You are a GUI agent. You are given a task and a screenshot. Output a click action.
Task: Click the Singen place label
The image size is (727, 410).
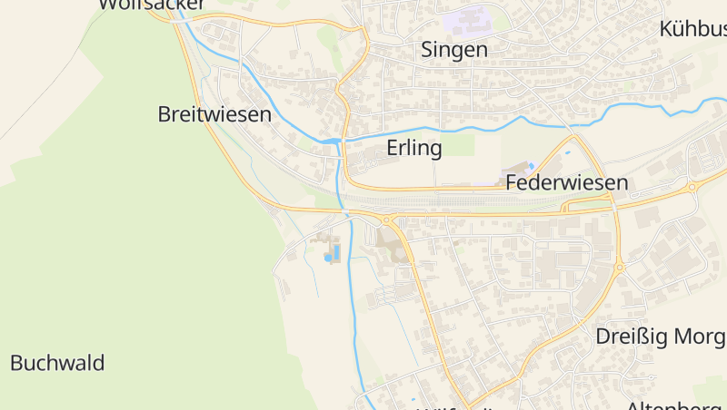click(454, 50)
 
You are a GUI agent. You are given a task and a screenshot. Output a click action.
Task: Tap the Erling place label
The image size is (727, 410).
click(414, 148)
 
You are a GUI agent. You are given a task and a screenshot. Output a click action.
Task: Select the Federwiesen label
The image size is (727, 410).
click(567, 182)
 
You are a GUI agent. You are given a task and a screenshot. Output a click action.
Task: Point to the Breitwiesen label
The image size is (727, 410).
click(214, 114)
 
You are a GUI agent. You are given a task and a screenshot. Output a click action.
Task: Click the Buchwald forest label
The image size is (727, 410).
click(57, 363)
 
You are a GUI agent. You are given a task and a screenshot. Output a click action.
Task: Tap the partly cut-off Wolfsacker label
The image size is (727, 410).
click(151, 5)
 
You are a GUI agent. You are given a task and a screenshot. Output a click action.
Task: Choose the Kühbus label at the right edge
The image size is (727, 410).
click(692, 29)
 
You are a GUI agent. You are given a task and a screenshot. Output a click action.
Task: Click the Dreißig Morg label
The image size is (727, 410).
click(661, 337)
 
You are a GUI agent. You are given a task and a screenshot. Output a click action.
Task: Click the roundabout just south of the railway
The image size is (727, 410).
click(388, 220)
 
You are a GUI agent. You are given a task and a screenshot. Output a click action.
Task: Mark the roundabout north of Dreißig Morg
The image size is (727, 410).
click(619, 267)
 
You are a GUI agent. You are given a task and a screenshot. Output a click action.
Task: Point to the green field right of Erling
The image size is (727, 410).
click(459, 145)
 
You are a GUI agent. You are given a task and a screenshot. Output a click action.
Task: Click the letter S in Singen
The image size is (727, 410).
click(427, 50)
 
